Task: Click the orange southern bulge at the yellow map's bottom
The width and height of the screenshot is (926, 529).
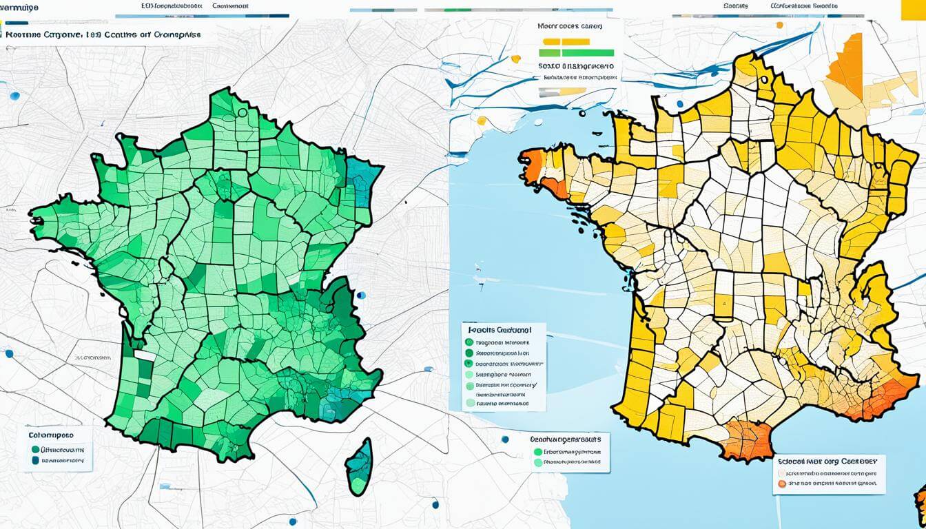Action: [x=748, y=440]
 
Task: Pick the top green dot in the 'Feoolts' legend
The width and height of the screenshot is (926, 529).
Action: [x=469, y=342]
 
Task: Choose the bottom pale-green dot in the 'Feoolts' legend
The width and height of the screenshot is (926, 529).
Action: [x=470, y=403]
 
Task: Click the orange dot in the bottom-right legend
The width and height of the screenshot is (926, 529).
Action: [x=781, y=484]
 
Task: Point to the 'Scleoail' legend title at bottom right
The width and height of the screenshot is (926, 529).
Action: [x=827, y=461]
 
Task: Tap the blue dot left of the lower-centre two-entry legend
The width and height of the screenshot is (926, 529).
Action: [x=506, y=439]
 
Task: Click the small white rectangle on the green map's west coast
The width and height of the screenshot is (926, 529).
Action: [x=145, y=355]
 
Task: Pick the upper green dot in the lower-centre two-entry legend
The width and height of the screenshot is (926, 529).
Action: [x=537, y=453]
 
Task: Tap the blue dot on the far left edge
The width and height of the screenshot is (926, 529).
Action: [x=9, y=354]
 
